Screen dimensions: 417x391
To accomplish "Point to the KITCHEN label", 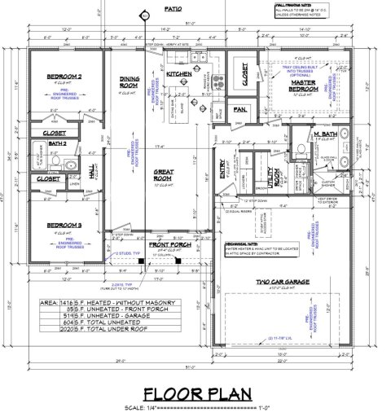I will (x=178, y=73).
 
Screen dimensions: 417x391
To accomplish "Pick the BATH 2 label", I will (x=58, y=143).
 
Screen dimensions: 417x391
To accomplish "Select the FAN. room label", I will (x=239, y=108).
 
